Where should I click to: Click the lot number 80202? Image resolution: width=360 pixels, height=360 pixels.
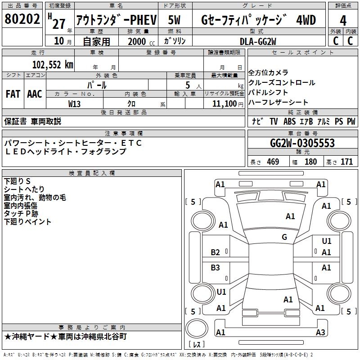(22, 20)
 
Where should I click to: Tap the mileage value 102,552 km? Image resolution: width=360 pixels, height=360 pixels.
(52, 64)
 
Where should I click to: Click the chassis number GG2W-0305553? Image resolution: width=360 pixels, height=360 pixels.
(302, 143)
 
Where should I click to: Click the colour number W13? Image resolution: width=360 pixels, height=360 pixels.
(75, 103)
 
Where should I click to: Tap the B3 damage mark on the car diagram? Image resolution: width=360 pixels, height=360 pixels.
(216, 268)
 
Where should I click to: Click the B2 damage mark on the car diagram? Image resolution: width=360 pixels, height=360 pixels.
(216, 252)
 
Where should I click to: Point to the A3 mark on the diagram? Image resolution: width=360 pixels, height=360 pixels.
(320, 333)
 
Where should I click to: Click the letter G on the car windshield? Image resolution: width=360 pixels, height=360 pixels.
(284, 237)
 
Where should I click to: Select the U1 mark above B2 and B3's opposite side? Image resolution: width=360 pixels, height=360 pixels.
(327, 241)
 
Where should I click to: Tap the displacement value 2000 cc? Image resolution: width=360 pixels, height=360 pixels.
(139, 41)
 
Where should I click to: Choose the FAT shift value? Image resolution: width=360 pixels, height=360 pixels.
(13, 94)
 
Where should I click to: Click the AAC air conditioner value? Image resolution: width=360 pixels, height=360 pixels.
(35, 94)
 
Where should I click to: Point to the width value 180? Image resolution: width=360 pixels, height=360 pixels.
(310, 162)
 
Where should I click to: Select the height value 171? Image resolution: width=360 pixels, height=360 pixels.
(346, 162)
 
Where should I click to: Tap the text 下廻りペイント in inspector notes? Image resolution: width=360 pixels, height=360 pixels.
(27, 222)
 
